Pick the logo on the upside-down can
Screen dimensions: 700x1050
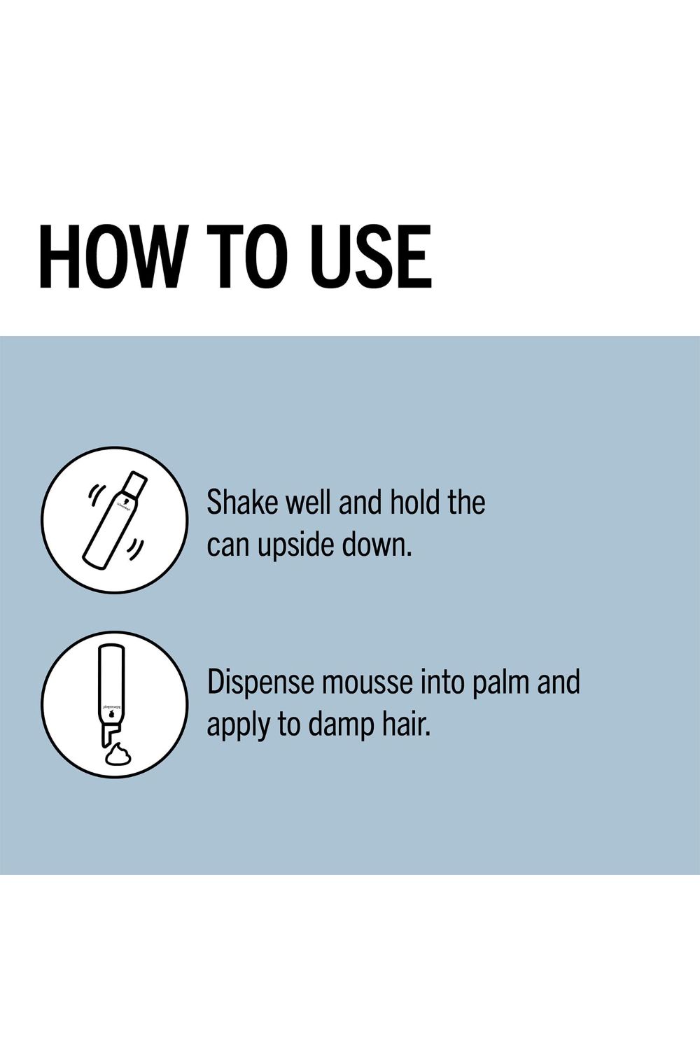pos(111,713)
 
